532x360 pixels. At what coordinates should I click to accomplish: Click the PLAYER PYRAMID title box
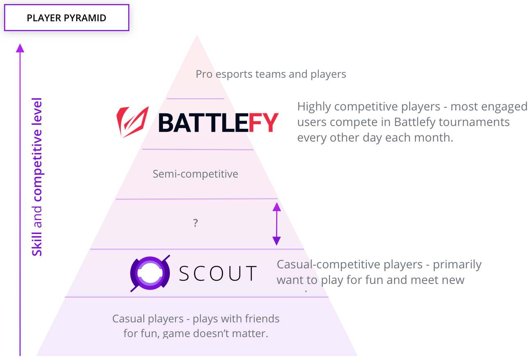tap(67, 18)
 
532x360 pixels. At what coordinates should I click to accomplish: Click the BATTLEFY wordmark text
tap(218, 122)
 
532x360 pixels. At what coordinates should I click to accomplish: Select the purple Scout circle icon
tap(150, 273)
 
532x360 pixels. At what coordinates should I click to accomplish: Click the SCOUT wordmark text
tap(218, 274)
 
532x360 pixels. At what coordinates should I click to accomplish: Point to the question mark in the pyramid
tap(196, 223)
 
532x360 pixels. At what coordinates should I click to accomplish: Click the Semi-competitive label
tap(195, 174)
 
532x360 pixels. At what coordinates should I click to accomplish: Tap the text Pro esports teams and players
tap(271, 74)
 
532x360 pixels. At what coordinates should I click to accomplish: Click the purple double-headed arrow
tap(277, 224)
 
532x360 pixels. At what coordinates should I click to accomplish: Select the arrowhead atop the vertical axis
tap(20, 48)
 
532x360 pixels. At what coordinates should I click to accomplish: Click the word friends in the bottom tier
tap(262, 319)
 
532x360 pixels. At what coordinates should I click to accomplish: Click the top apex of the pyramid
tap(197, 36)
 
